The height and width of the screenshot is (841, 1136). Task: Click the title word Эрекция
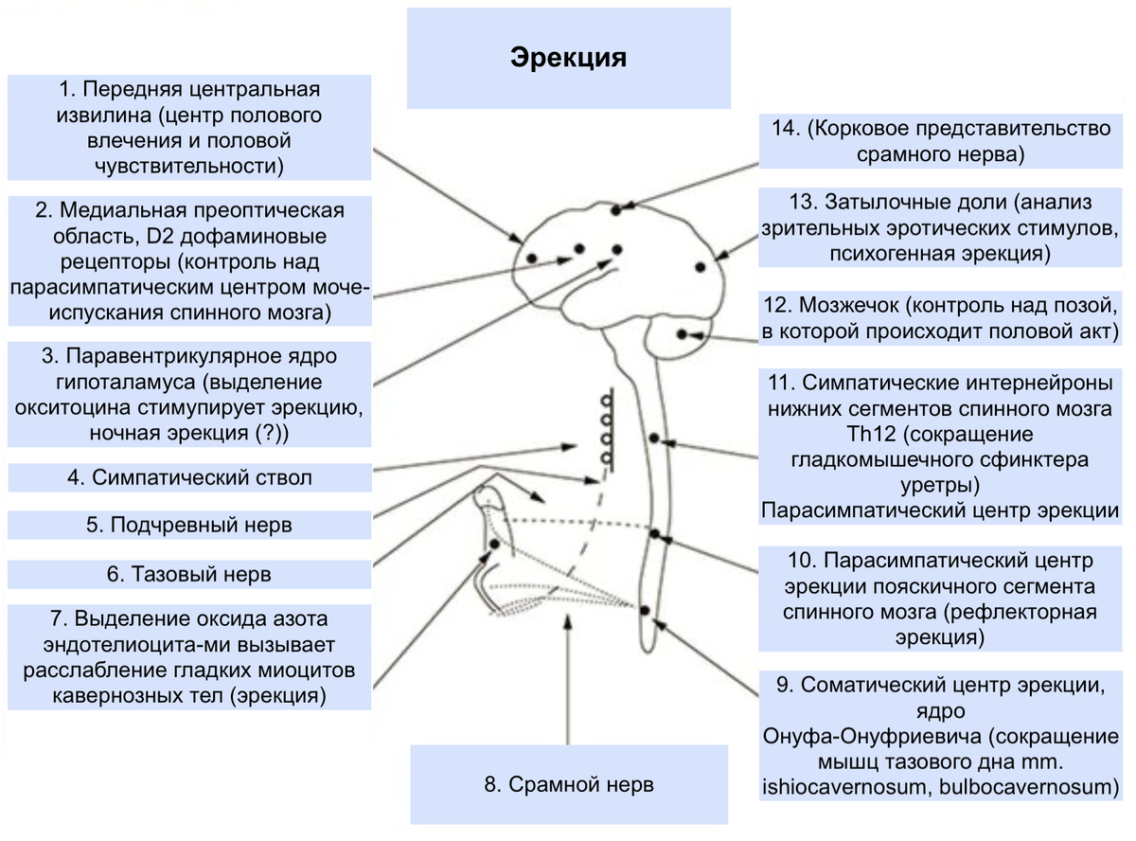[x=568, y=58]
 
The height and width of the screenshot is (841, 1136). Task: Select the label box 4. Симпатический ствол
[x=189, y=477]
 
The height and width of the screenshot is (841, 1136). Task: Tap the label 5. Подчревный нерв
[x=189, y=525]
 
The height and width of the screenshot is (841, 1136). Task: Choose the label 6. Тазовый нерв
[x=189, y=574]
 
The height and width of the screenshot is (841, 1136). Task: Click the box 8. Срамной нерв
[x=569, y=784]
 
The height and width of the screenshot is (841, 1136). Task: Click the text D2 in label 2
[x=160, y=236]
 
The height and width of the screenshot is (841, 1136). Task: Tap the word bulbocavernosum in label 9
[x=1029, y=787]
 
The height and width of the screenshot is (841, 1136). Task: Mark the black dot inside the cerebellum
[x=682, y=334]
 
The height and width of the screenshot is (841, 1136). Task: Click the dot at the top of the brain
[x=615, y=210]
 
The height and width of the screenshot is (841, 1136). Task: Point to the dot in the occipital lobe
[x=701, y=267]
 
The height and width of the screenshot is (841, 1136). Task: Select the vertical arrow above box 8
[x=567, y=680]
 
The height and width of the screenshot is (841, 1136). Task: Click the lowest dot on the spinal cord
[x=645, y=610]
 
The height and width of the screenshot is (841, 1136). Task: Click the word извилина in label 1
[x=104, y=116]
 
